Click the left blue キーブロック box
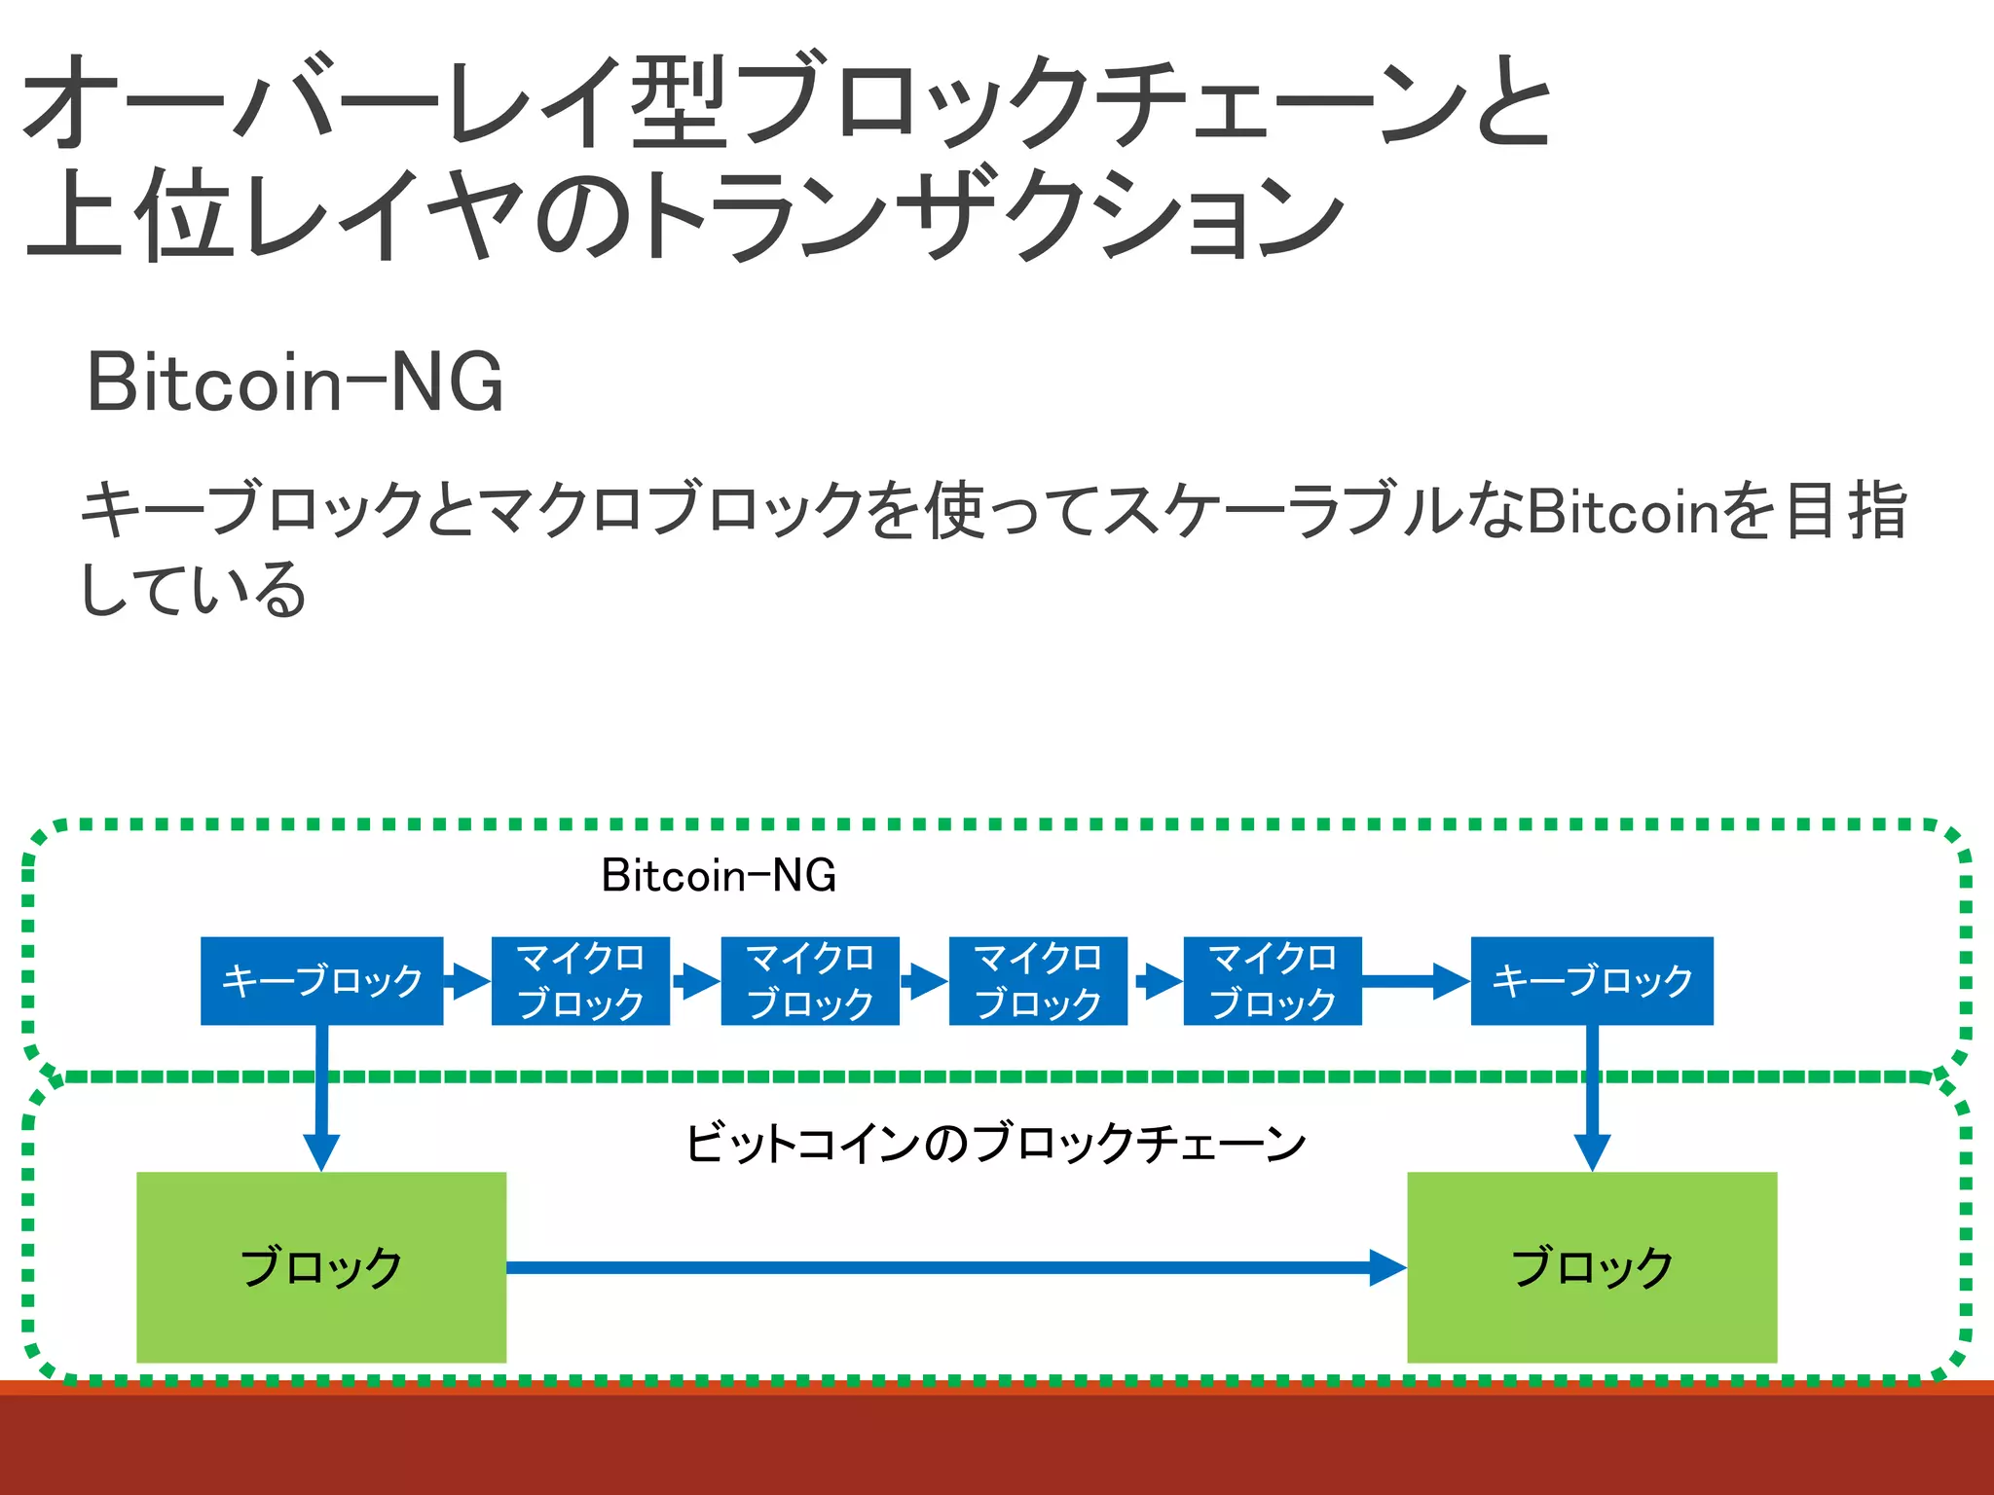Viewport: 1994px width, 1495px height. click(321, 980)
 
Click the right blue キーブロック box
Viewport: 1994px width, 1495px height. click(1592, 980)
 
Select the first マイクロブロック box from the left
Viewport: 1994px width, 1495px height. click(580, 980)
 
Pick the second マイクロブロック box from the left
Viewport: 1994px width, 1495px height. click(809, 980)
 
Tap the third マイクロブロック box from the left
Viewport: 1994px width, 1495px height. click(1038, 980)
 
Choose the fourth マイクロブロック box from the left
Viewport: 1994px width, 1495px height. click(1272, 980)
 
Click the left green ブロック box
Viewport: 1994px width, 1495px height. click(321, 1266)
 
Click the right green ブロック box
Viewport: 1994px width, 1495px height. click(1592, 1266)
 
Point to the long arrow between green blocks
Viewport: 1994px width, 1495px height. click(954, 1267)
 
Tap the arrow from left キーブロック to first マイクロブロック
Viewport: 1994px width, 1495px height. click(468, 981)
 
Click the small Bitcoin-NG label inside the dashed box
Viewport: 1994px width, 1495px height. click(719, 875)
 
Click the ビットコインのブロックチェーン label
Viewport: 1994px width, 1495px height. click(995, 1143)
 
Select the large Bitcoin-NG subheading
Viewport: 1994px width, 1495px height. click(295, 383)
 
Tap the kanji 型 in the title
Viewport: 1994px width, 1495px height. click(680, 101)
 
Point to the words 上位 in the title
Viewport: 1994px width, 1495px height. click(132, 213)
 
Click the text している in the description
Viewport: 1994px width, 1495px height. click(193, 590)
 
